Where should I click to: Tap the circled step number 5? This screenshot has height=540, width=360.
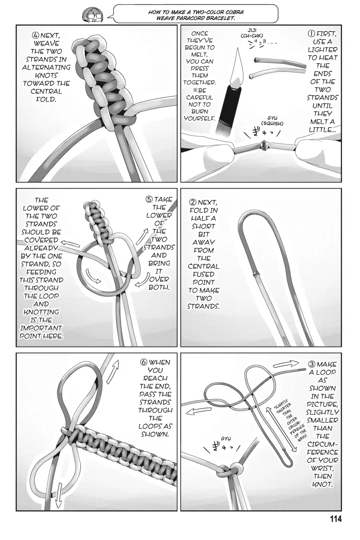(x=149, y=200)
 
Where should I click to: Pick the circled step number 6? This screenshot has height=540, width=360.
(x=143, y=362)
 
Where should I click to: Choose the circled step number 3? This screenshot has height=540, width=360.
(x=312, y=364)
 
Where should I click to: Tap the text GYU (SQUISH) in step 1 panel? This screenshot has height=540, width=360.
(x=272, y=121)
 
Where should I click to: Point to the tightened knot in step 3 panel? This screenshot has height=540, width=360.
(x=232, y=469)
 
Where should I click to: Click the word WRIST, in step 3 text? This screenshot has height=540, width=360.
(x=322, y=469)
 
